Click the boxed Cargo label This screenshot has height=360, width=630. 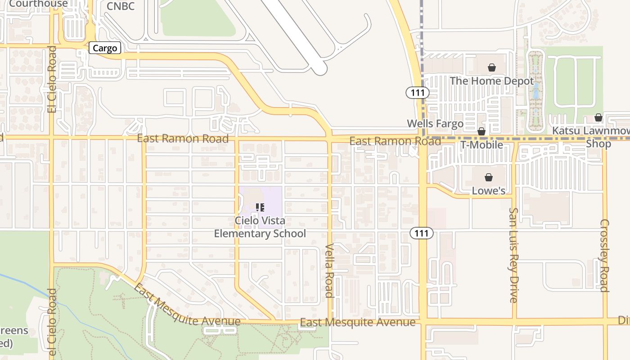[x=105, y=48]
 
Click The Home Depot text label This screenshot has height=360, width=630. [x=492, y=81]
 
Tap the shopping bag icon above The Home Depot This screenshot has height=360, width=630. [x=492, y=68]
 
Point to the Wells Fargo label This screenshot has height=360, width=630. [x=435, y=124]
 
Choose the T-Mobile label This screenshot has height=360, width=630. [x=481, y=145]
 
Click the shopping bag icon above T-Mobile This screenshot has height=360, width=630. [x=481, y=131]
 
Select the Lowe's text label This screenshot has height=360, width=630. [x=488, y=191]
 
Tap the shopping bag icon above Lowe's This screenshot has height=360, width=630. [x=488, y=177]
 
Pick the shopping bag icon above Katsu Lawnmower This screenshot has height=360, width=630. [x=598, y=117]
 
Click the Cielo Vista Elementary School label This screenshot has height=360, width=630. [x=260, y=227]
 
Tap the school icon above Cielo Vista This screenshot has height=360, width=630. [x=260, y=207]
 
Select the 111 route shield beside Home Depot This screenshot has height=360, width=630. [x=418, y=93]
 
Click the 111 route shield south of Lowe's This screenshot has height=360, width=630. [x=422, y=233]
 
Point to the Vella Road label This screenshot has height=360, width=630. [x=329, y=270]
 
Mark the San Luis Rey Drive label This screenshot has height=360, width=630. [x=513, y=255]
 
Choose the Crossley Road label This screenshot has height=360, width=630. [x=604, y=255]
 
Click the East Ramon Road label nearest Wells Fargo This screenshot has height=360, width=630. [x=395, y=141]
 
